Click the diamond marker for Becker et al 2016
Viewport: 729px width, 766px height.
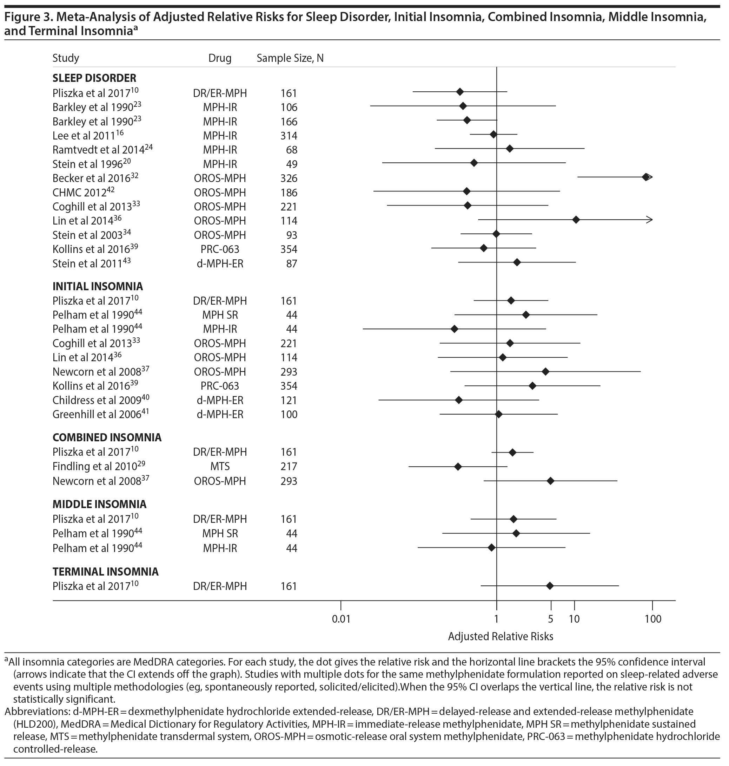(x=645, y=177)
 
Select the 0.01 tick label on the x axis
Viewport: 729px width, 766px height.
(x=341, y=619)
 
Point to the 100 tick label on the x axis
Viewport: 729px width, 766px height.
(x=653, y=619)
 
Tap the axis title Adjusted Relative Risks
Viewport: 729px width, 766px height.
(x=501, y=636)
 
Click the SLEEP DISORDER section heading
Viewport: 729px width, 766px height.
(x=94, y=78)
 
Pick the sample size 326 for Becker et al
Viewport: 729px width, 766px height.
(x=289, y=178)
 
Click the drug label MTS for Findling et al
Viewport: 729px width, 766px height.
(x=220, y=466)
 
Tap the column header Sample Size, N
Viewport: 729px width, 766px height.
(x=290, y=58)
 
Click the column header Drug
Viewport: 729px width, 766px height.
(x=220, y=58)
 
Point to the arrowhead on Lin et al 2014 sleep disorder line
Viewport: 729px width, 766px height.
(x=650, y=220)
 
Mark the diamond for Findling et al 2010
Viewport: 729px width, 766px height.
(x=458, y=466)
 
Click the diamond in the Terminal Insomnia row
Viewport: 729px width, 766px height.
(x=550, y=586)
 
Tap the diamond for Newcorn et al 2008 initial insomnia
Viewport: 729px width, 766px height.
(x=545, y=371)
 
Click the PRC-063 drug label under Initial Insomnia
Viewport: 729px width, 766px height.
(x=220, y=386)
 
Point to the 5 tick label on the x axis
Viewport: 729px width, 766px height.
(x=551, y=619)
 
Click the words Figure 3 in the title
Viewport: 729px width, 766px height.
(x=26, y=18)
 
